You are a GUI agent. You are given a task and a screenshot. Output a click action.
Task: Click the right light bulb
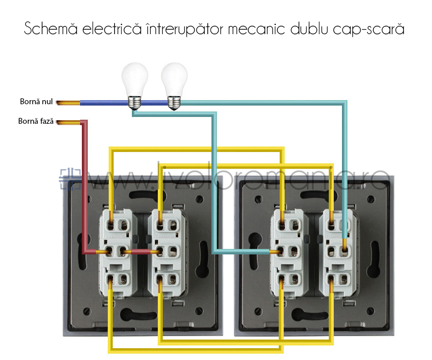coord(175,80)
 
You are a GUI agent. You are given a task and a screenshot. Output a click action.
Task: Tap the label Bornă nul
coord(36,101)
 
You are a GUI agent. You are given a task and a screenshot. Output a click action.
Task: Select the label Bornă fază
coord(36,122)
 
